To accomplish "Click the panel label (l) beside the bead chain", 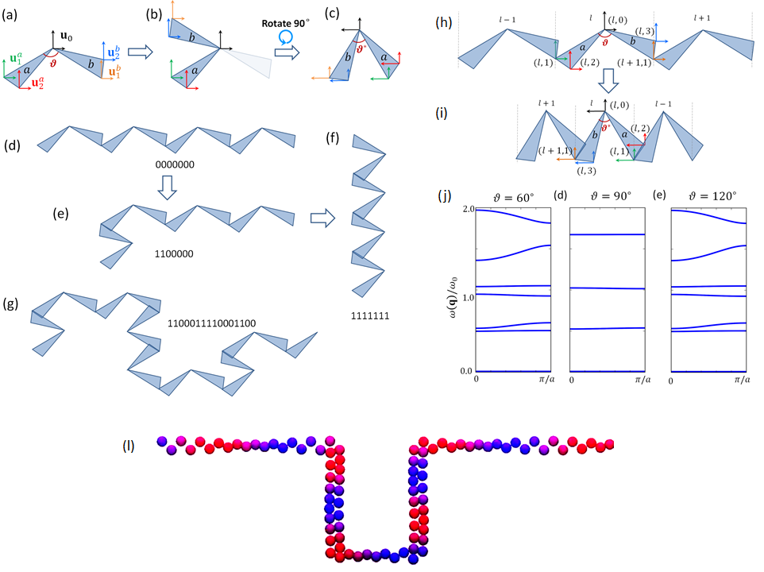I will pos(127,445).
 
